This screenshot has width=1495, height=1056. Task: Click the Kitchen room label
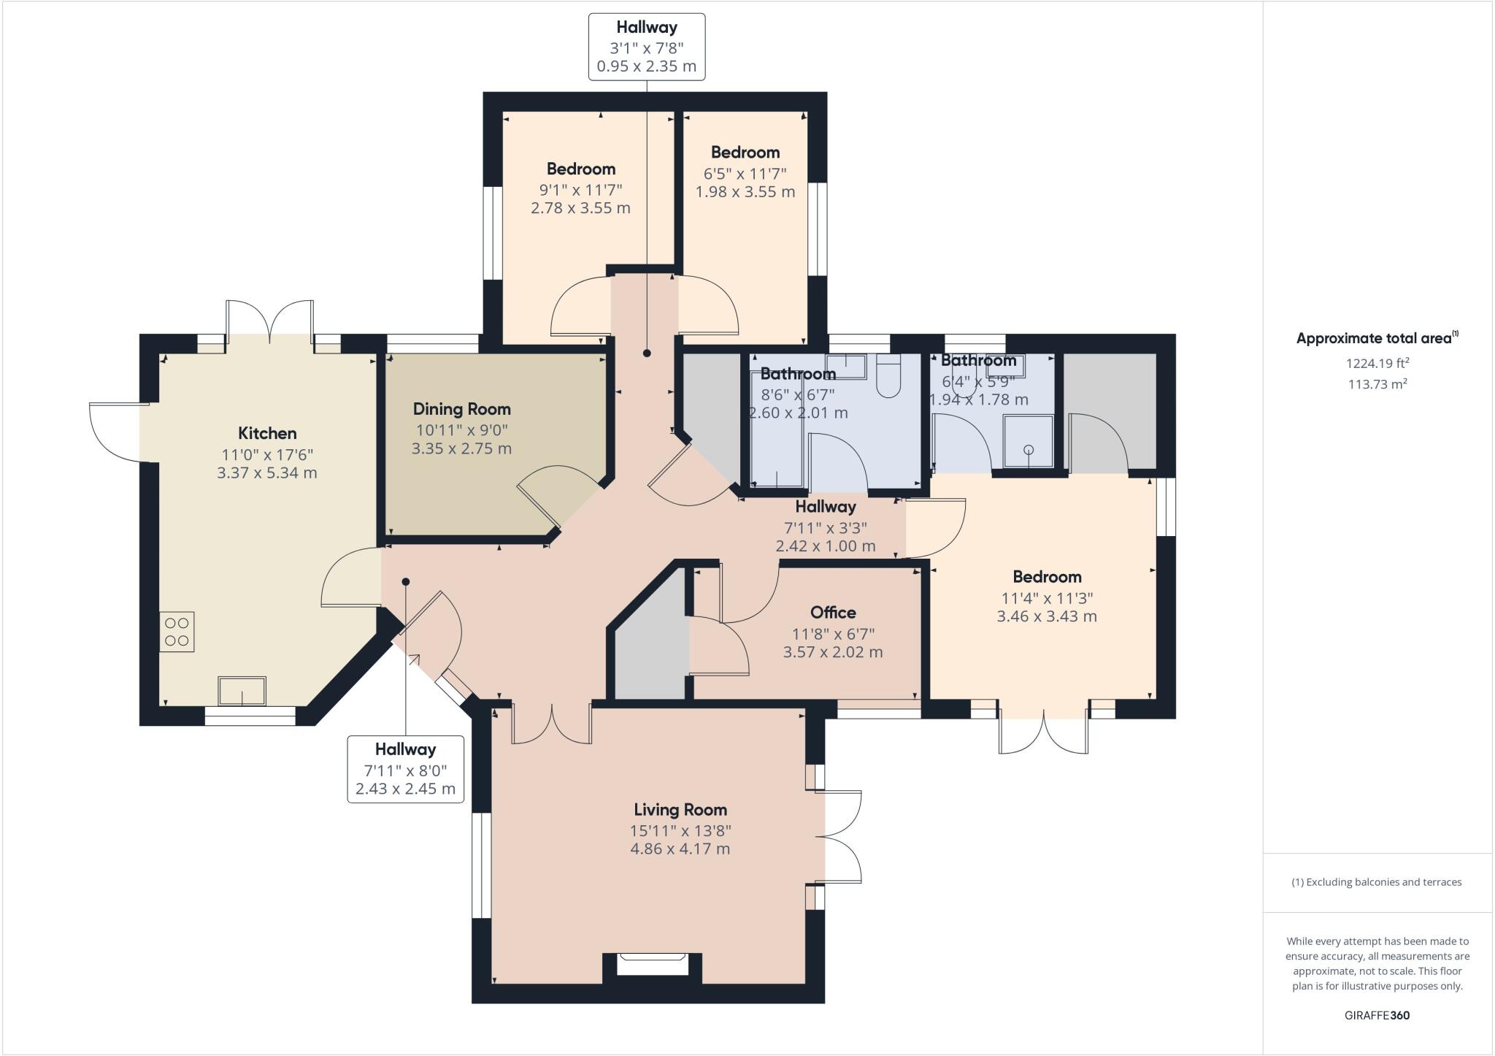pyautogui.click(x=267, y=433)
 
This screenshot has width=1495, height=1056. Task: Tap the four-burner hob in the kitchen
pyautogui.click(x=177, y=632)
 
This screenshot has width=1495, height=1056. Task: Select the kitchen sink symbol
pyautogui.click(x=242, y=690)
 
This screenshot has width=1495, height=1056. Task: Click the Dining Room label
pyautogui.click(x=461, y=409)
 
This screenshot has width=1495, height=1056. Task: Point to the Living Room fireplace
pyautogui.click(x=652, y=964)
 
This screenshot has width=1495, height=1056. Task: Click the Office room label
pyautogui.click(x=833, y=612)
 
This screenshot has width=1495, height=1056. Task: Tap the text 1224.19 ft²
pyautogui.click(x=1377, y=363)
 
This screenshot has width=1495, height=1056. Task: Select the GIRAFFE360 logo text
pyautogui.click(x=1377, y=1015)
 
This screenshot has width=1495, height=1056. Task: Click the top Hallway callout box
pyautogui.click(x=647, y=47)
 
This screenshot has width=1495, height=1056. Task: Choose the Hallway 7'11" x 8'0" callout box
pyautogui.click(x=405, y=769)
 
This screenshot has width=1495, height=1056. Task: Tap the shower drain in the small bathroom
pyautogui.click(x=1029, y=450)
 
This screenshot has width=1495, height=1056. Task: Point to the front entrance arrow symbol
pyautogui.click(x=414, y=660)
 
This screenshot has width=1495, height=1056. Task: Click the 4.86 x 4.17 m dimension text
pyautogui.click(x=680, y=849)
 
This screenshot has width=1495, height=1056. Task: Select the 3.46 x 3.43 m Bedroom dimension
pyautogui.click(x=1047, y=616)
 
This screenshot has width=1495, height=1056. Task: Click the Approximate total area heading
pyautogui.click(x=1377, y=338)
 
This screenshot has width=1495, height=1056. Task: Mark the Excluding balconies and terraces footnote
pyautogui.click(x=1377, y=882)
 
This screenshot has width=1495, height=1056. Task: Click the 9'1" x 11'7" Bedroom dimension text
pyautogui.click(x=580, y=190)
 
